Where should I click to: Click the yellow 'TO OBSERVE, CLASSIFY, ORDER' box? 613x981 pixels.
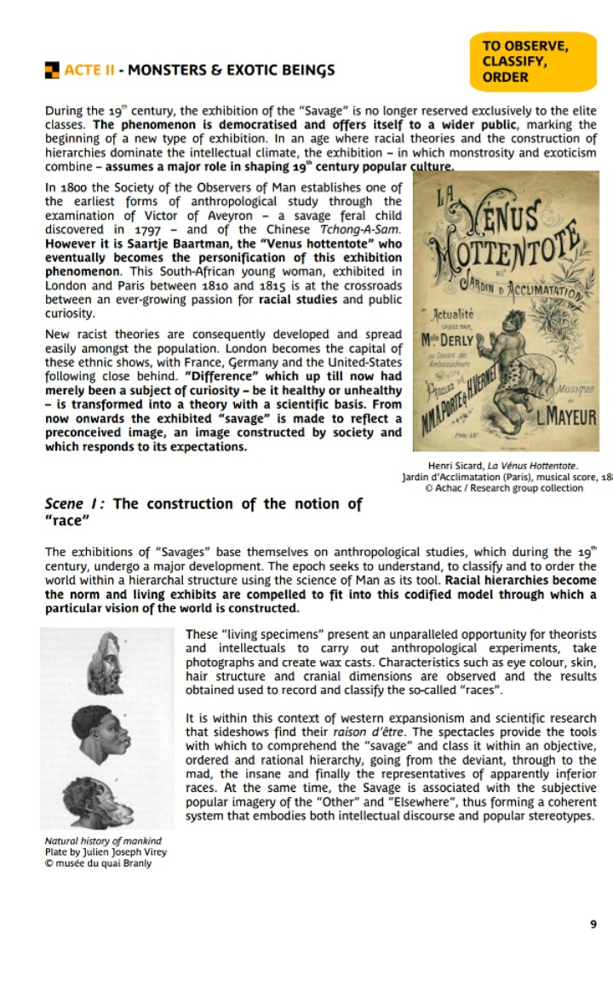pyautogui.click(x=532, y=61)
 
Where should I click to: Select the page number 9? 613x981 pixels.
pyautogui.click(x=593, y=924)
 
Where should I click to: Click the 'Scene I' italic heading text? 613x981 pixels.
pyautogui.click(x=76, y=503)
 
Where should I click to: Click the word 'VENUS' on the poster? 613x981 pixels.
pyautogui.click(x=508, y=223)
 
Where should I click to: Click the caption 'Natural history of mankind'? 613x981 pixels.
pyautogui.click(x=102, y=841)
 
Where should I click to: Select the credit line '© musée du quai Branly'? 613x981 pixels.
pyautogui.click(x=98, y=863)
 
